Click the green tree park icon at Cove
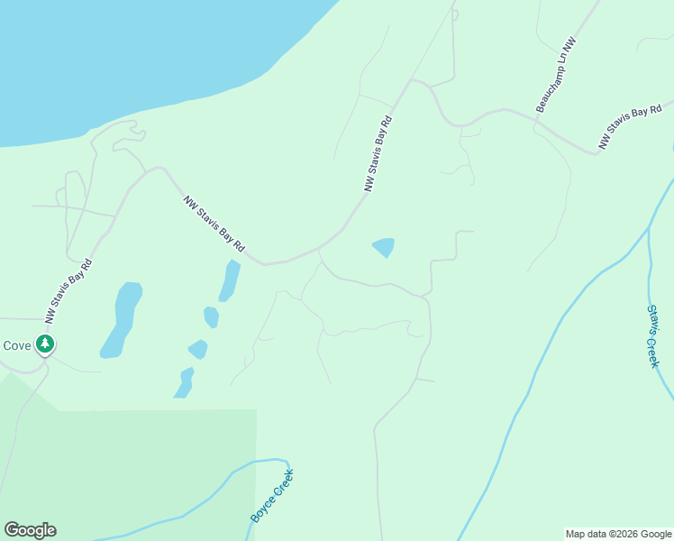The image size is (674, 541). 44,344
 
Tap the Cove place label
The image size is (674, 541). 16,345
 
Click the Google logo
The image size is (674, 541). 30,530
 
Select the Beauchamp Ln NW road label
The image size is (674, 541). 556,76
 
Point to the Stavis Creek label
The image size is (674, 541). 653,335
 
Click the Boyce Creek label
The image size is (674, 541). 272,495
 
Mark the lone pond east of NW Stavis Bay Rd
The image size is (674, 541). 384,246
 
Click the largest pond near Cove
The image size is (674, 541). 122,316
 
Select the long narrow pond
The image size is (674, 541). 229,280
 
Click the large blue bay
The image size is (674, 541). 135,54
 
